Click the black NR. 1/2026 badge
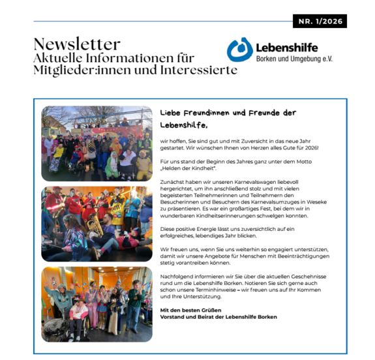319,22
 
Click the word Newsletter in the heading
76,44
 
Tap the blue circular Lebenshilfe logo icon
239,50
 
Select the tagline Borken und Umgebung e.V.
294,59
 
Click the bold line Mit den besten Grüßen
190,310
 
